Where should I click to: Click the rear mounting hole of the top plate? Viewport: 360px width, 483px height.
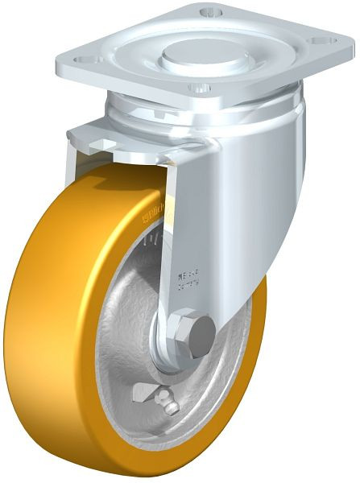[x=211, y=11]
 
